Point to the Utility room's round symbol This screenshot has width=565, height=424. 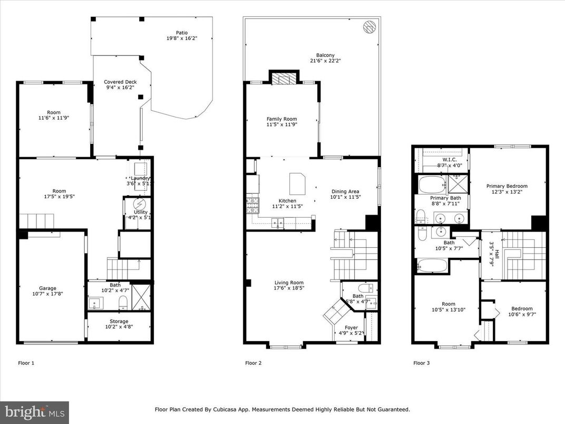[139, 204]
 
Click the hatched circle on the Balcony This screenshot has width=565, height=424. [369, 26]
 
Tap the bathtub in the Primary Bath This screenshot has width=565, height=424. [432, 185]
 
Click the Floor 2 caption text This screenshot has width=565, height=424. [254, 363]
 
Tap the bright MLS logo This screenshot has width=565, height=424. [34, 412]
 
